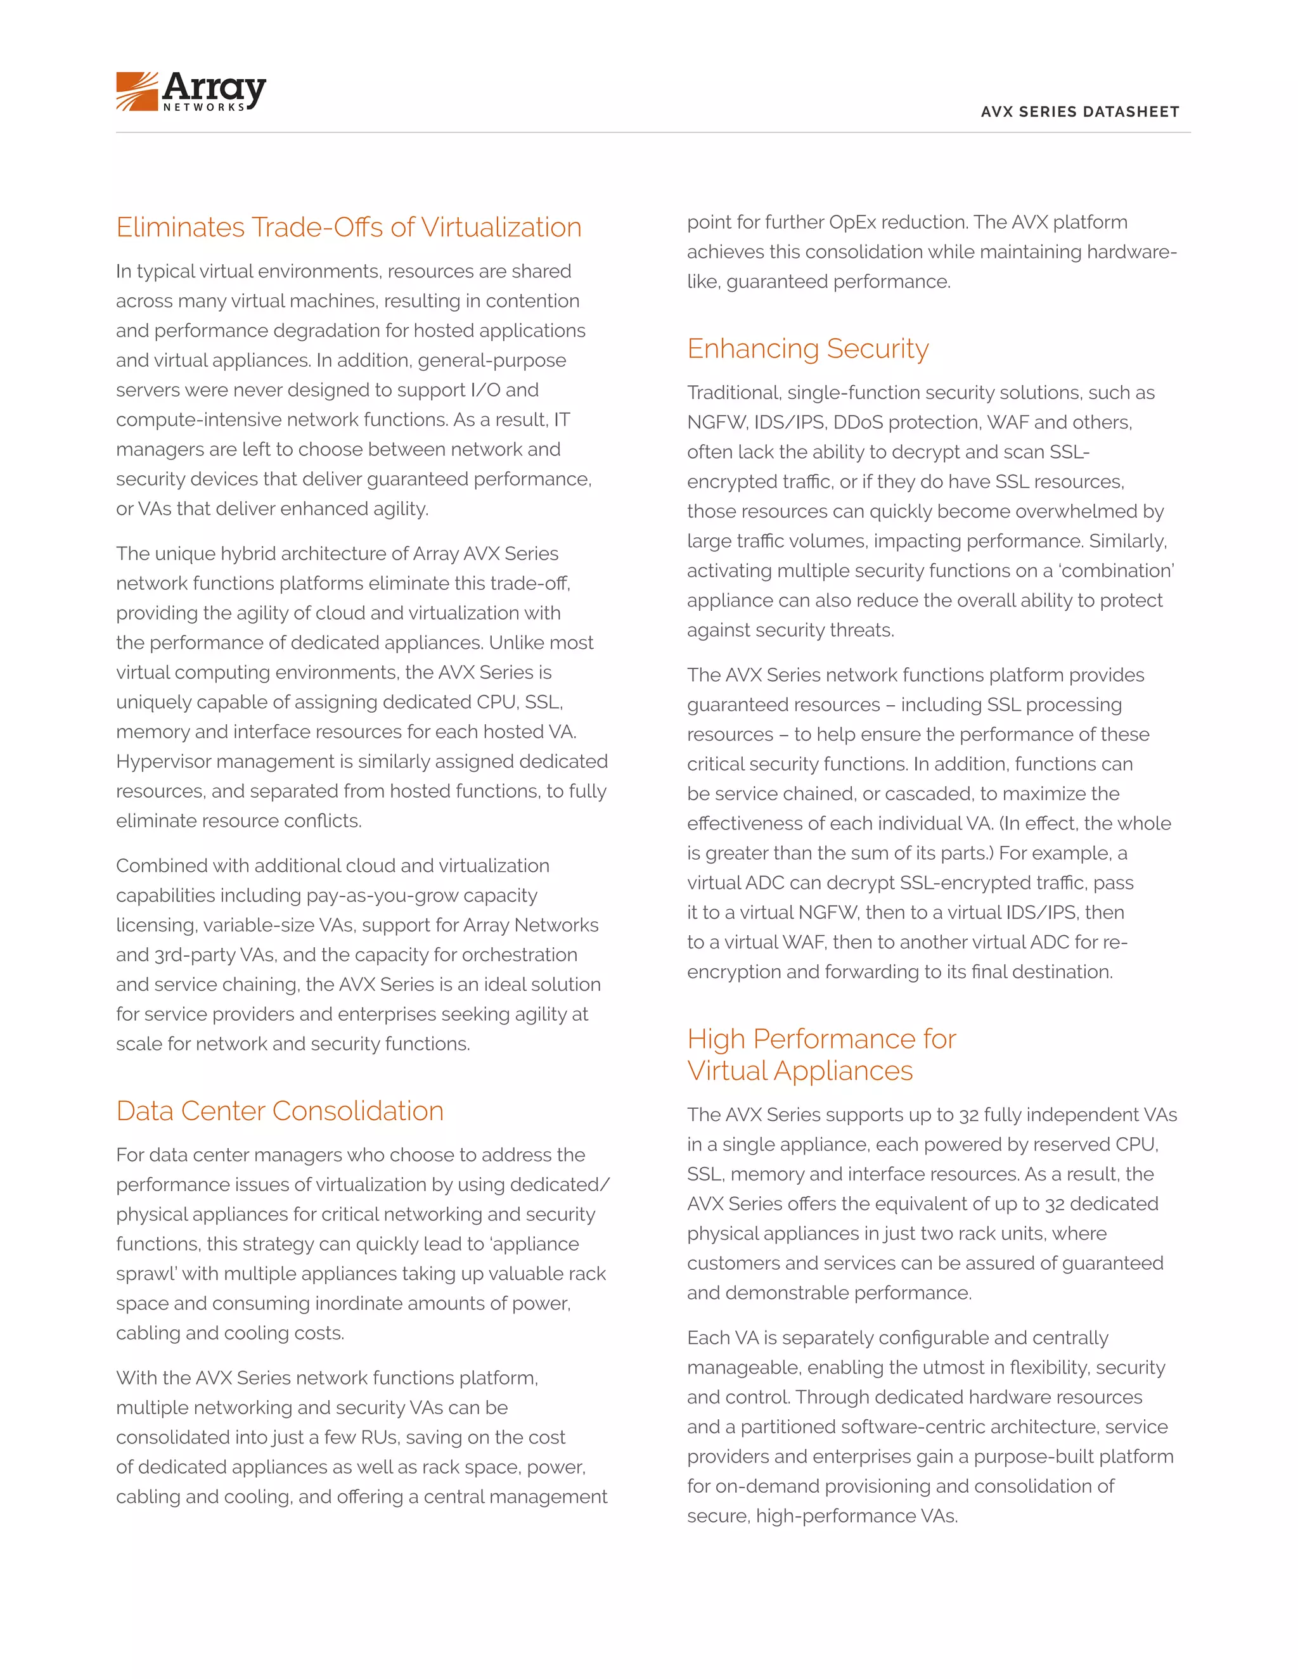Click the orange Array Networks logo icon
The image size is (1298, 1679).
coord(137,91)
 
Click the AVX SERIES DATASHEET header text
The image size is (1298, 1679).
coord(1079,112)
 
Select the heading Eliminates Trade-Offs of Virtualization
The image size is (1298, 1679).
coord(349,227)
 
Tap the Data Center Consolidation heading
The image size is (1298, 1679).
coord(280,1111)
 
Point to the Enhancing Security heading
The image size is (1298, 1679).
coord(807,348)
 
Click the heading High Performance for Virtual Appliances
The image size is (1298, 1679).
coord(821,1054)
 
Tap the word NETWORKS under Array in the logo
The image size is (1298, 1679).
coord(204,108)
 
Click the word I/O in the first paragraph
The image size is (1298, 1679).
coord(484,390)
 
